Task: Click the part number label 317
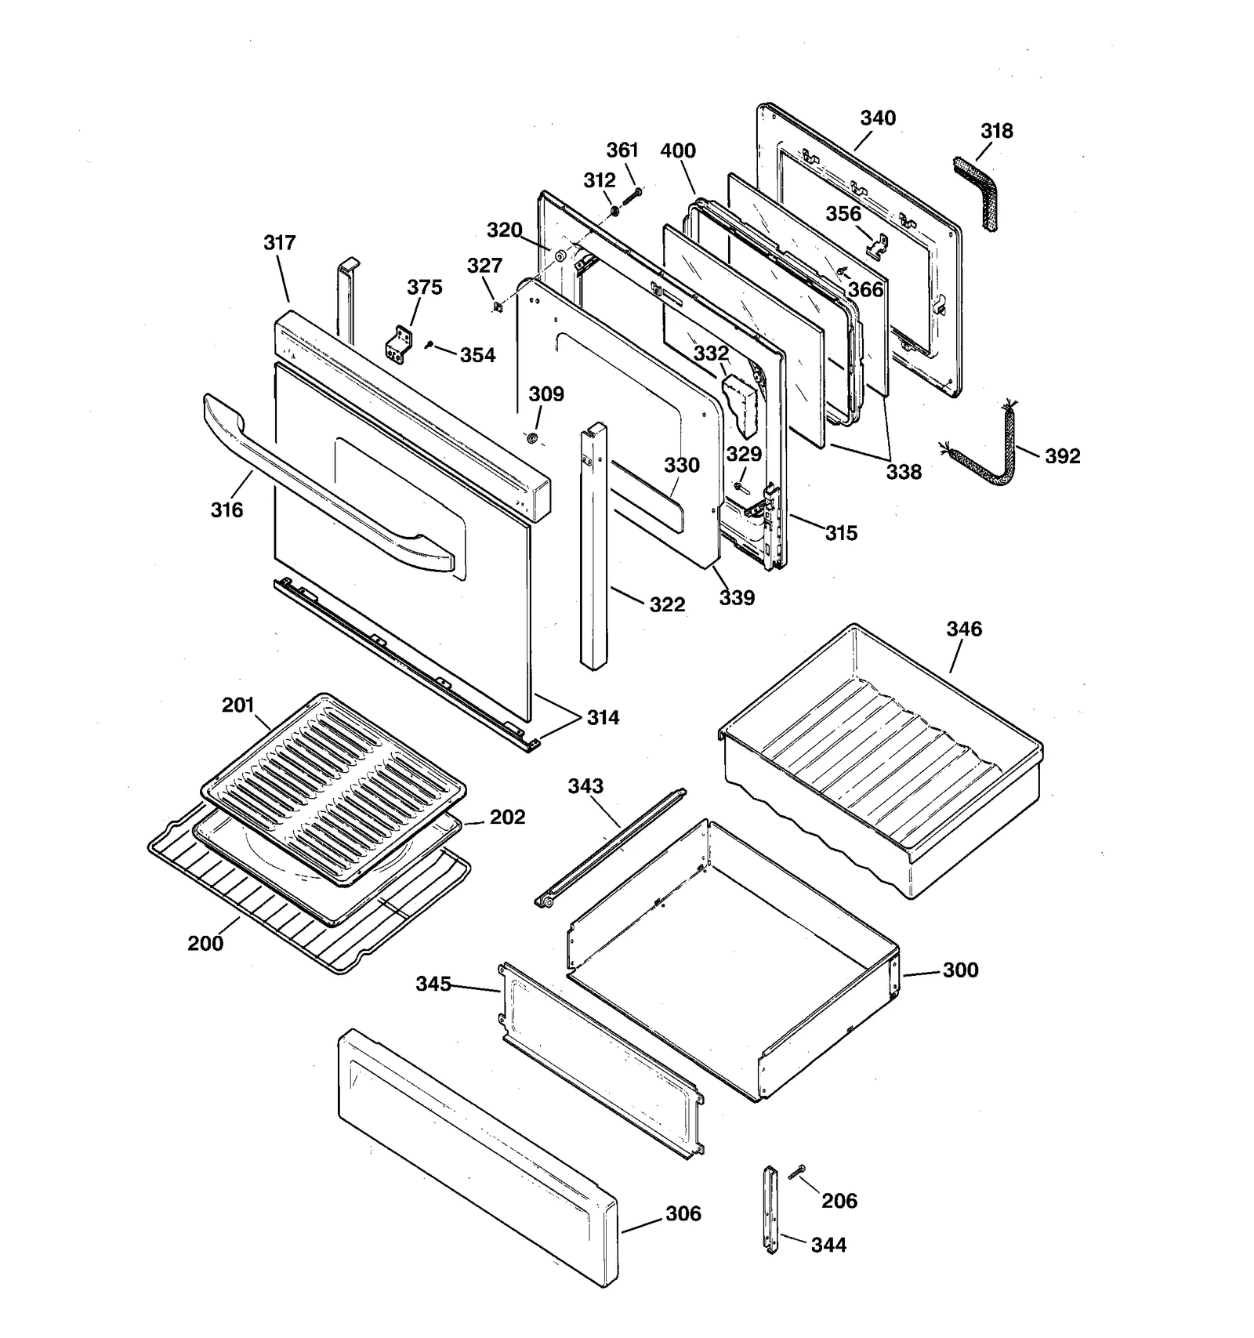279,243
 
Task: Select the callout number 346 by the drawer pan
963,629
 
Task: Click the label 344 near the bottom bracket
828,1245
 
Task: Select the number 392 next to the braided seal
1062,456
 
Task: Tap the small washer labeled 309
533,438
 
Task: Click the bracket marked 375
400,345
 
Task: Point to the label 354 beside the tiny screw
477,356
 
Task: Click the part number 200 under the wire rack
205,943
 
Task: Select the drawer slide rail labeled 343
611,847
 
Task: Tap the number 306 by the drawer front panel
683,1213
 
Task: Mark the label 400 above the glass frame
677,150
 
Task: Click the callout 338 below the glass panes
904,472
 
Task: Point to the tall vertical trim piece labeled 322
593,549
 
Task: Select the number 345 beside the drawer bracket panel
433,984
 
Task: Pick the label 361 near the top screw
622,150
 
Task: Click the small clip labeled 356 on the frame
878,245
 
